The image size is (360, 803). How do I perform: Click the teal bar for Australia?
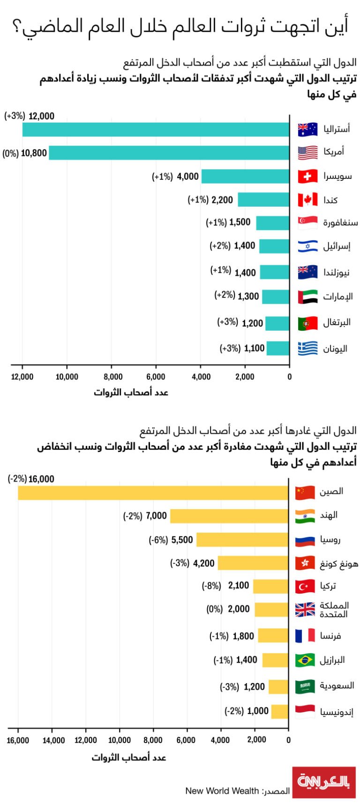156,129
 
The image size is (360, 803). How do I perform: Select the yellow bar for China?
153,493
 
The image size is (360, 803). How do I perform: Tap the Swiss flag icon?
307,177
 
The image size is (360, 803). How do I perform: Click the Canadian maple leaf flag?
307,200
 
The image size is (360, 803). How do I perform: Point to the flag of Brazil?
305,660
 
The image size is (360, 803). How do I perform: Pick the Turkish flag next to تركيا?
305,586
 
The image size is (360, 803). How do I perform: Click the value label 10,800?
34,153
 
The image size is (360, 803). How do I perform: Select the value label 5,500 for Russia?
182,540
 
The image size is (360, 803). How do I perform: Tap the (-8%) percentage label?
211,586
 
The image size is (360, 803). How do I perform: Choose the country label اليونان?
335,349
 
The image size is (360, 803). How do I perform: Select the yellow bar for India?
229,516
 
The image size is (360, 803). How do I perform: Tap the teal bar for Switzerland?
245,177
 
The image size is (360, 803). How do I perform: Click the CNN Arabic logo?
324,782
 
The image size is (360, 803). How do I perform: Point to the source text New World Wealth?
222,791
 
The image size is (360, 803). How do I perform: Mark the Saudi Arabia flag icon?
305,686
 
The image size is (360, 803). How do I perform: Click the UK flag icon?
305,609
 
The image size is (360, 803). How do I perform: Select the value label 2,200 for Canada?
222,200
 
